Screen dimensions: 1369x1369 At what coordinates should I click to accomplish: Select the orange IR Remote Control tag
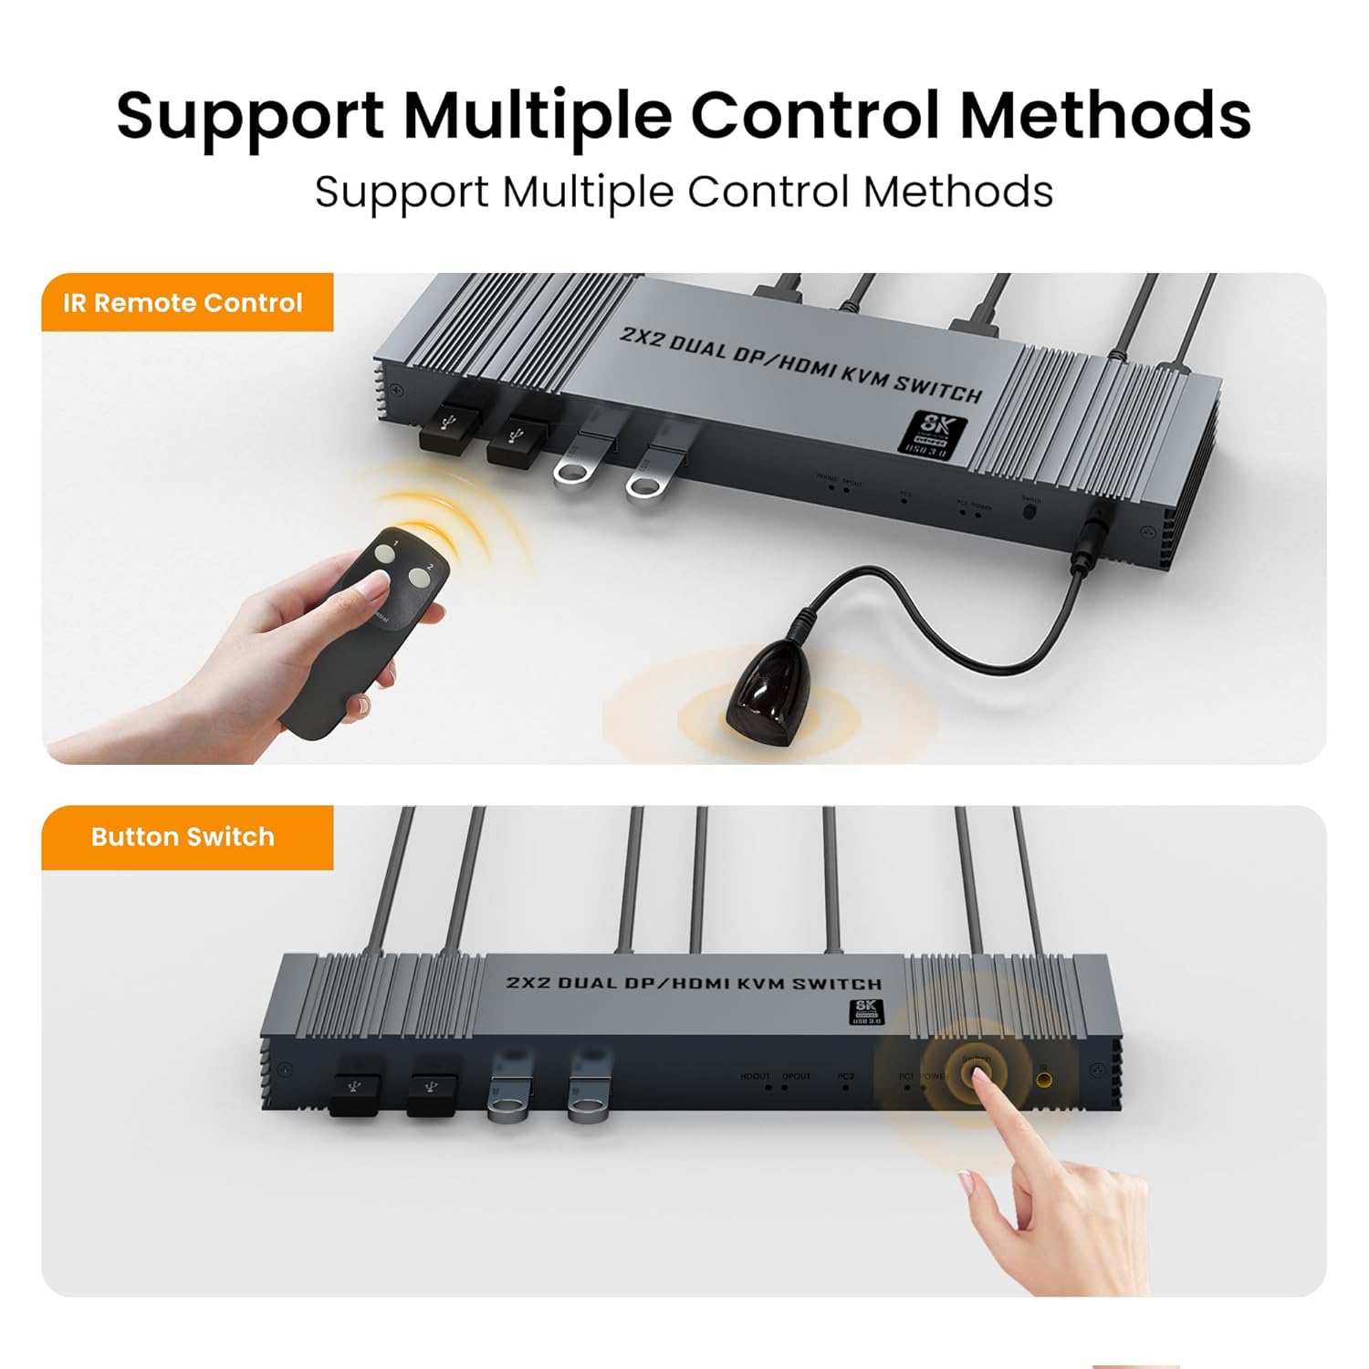[183, 303]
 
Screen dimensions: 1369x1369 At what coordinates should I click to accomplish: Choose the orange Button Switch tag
[183, 837]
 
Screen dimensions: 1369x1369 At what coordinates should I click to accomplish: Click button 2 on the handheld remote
[421, 576]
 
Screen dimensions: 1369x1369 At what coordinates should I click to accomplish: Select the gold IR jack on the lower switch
[1043, 1082]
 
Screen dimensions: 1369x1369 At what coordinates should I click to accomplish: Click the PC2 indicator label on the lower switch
[845, 1077]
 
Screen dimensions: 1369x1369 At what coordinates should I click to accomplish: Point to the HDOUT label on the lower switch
[755, 1077]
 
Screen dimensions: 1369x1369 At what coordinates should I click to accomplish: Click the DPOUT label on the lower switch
[796, 1077]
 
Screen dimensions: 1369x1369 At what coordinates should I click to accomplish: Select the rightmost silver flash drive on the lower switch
[590, 1088]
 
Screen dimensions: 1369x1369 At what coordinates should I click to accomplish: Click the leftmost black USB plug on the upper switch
[450, 427]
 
